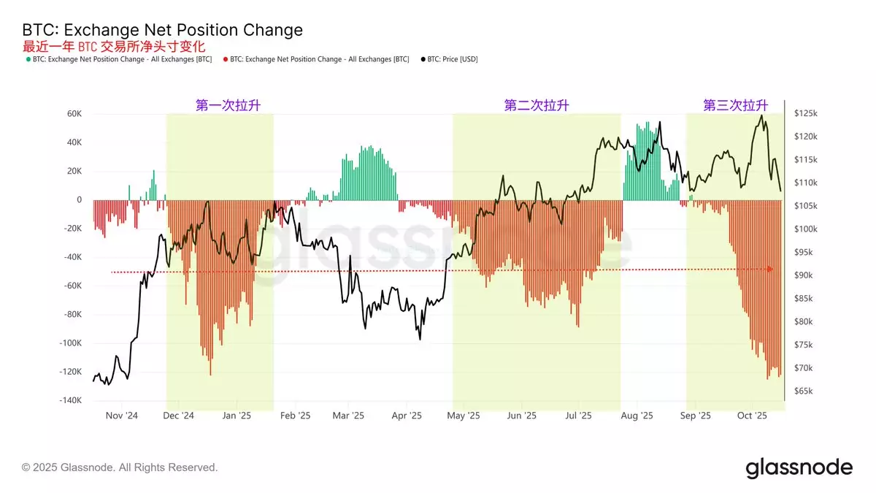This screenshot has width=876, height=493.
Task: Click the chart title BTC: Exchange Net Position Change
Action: click(x=162, y=30)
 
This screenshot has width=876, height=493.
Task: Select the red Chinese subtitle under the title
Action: click(x=109, y=46)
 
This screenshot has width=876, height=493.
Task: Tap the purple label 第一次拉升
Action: click(x=228, y=105)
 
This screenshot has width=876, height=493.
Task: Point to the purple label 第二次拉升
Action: click(x=537, y=105)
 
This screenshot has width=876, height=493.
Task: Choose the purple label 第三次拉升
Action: click(x=735, y=105)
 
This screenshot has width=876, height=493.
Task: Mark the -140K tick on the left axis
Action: click(x=69, y=401)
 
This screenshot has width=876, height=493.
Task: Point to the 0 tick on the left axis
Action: click(x=80, y=200)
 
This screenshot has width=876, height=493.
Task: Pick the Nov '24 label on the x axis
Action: click(x=122, y=416)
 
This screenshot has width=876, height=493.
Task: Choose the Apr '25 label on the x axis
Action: click(x=407, y=416)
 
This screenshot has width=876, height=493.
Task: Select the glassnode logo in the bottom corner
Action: click(x=799, y=467)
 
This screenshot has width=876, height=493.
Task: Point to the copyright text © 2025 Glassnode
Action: click(x=120, y=467)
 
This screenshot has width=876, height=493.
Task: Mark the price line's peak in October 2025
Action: click(x=761, y=115)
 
